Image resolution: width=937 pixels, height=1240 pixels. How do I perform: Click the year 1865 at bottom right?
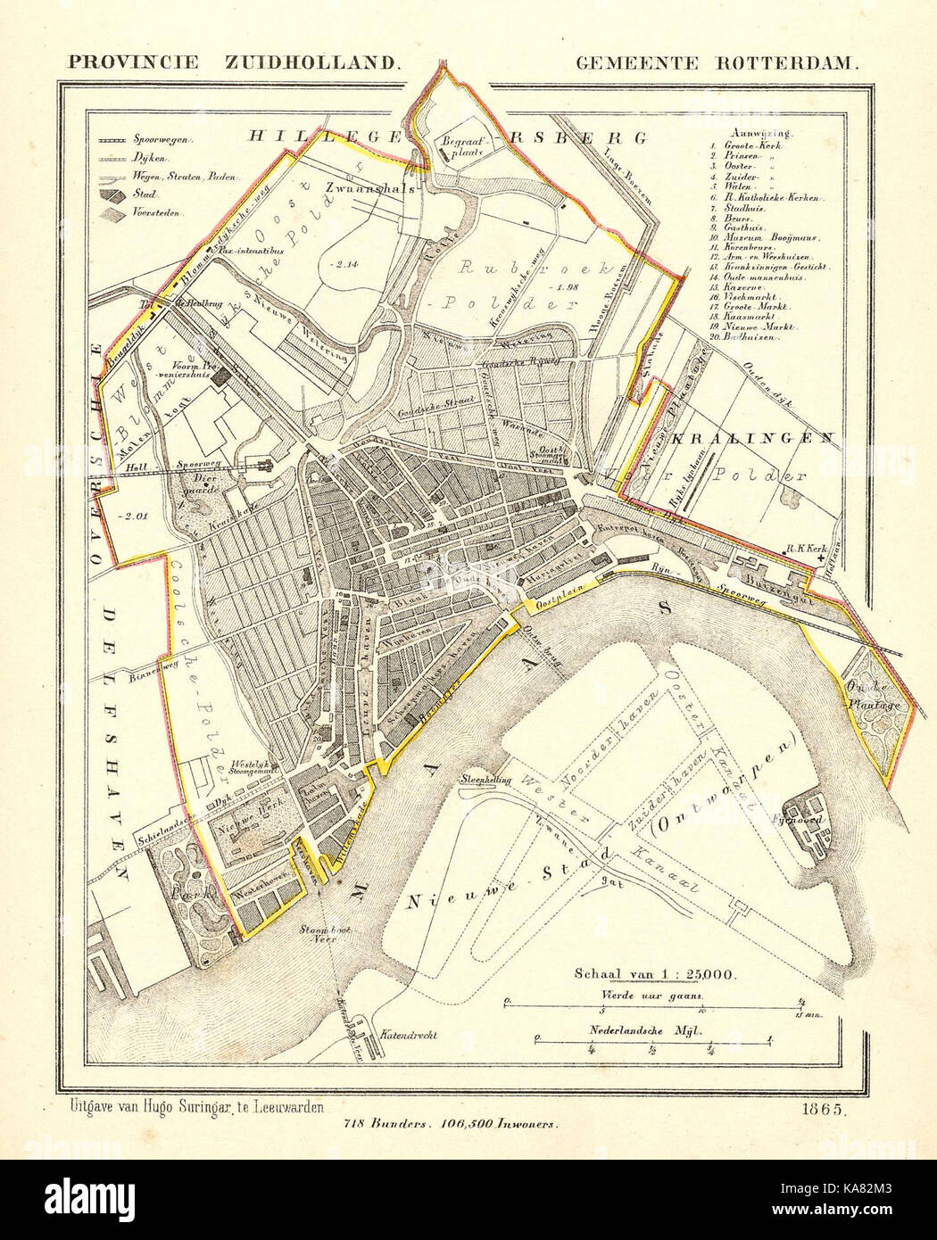point(817,1111)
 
